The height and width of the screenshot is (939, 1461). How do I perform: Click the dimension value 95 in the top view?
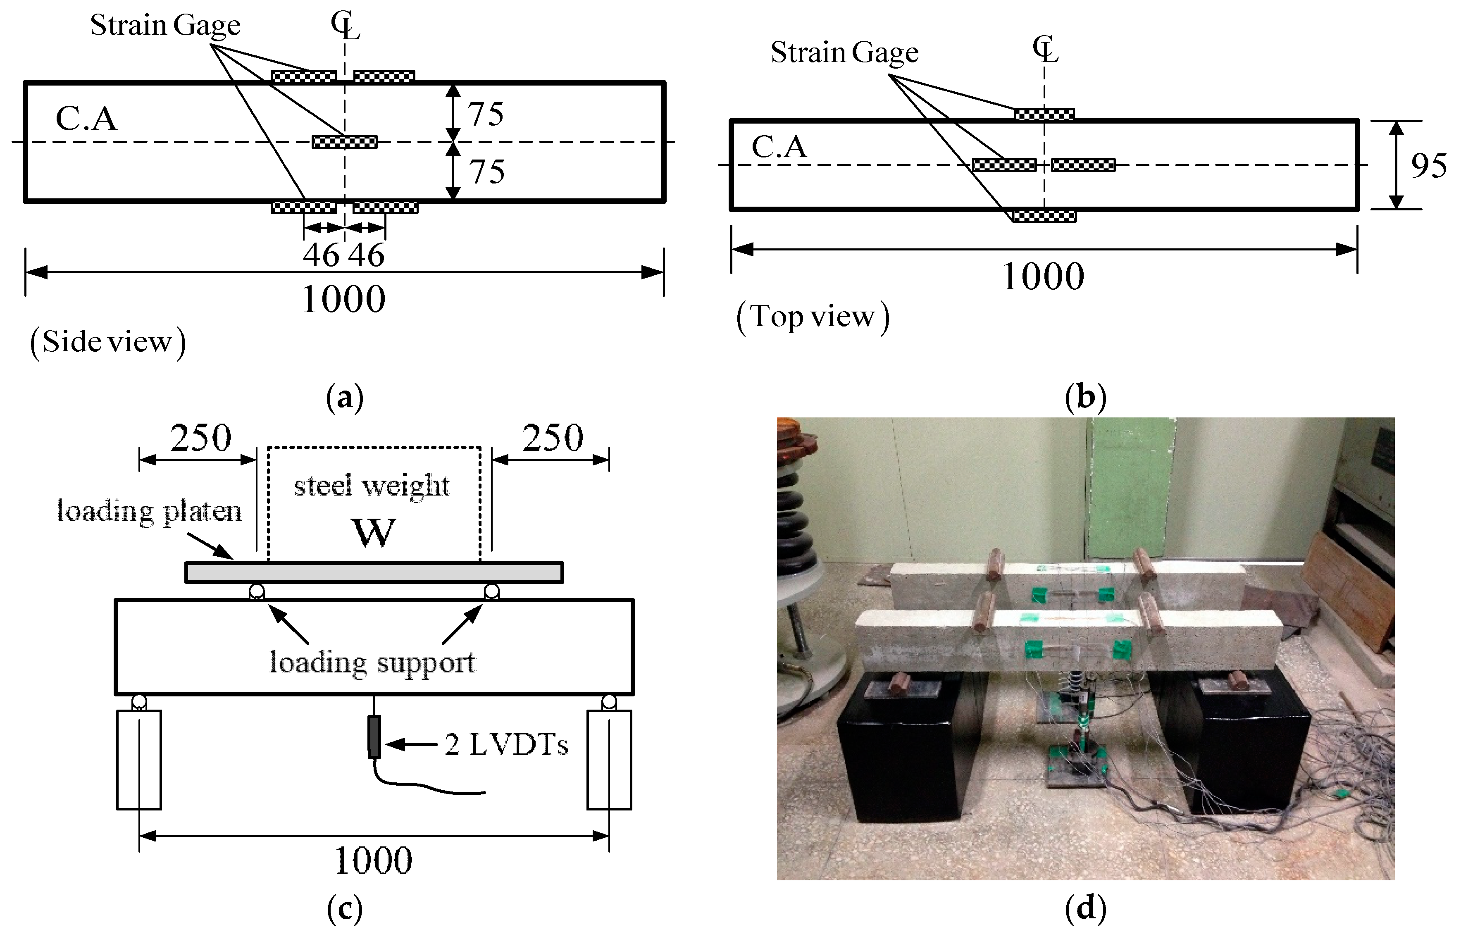point(1428,166)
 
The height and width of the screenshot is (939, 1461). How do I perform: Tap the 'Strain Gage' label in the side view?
point(165,26)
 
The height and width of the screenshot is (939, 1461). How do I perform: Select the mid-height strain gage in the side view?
point(345,142)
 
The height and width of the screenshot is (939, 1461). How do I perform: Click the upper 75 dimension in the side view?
point(486,114)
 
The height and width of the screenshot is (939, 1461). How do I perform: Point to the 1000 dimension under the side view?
point(343,299)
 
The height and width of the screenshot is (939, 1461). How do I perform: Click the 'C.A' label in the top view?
point(779,148)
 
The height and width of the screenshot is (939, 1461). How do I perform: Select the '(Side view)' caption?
point(108,342)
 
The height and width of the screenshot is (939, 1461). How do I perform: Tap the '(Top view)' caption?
point(813,317)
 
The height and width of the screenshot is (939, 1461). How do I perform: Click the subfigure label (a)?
point(345,398)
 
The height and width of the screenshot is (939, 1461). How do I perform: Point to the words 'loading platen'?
point(149,511)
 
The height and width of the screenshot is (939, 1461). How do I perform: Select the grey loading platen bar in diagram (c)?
point(374,572)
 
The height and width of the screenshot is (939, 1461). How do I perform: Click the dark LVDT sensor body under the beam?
point(374,736)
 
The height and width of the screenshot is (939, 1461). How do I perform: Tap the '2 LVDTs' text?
point(506,744)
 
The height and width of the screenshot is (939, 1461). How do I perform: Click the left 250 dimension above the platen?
point(200,438)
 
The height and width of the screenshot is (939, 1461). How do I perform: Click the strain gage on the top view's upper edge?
point(1044,114)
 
